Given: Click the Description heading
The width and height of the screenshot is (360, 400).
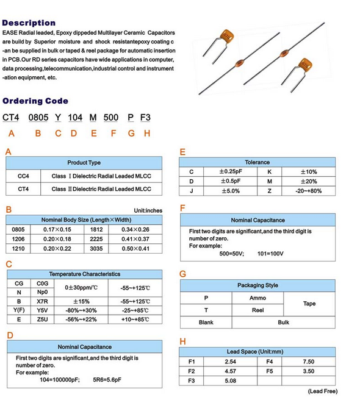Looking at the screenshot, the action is pyautogui.click(x=29, y=23).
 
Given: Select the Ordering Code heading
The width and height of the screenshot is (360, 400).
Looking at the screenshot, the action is pyautogui.click(x=35, y=101).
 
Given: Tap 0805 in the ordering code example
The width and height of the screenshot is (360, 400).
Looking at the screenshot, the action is pyautogui.click(x=38, y=118).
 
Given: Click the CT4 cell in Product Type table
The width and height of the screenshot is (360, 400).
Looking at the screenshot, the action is pyautogui.click(x=23, y=189).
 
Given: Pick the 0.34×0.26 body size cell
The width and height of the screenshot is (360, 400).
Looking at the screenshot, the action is pyautogui.click(x=135, y=229).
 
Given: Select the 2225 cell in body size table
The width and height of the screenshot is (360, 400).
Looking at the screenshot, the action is pyautogui.click(x=96, y=239).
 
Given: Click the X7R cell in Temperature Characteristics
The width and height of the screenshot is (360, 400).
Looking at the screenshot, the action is pyautogui.click(x=42, y=301).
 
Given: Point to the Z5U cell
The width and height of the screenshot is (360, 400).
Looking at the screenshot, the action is pyautogui.click(x=42, y=320).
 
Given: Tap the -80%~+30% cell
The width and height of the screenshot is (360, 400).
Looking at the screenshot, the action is pyautogui.click(x=81, y=310).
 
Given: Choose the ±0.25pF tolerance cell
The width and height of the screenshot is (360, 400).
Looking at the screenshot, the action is pyautogui.click(x=230, y=172).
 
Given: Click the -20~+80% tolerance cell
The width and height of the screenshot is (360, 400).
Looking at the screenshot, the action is pyautogui.click(x=308, y=191).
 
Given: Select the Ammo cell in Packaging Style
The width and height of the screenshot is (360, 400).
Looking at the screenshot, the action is pyautogui.click(x=257, y=298).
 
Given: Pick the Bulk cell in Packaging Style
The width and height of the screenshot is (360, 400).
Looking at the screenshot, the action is pyautogui.click(x=283, y=322).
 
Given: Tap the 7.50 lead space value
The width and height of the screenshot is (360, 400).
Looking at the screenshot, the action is pyautogui.click(x=308, y=362).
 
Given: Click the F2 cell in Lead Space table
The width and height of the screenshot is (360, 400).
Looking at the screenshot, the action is pyautogui.click(x=192, y=371).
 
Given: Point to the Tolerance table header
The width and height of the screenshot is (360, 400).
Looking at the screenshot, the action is pyautogui.click(x=257, y=162).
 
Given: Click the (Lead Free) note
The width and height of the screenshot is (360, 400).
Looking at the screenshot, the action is pyautogui.click(x=323, y=391).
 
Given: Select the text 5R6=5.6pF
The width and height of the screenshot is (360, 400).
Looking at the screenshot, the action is pyautogui.click(x=107, y=380).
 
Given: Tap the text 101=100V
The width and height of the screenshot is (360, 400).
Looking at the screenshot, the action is pyautogui.click(x=270, y=254).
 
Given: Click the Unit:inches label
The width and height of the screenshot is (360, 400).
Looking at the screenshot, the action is pyautogui.click(x=148, y=210).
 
